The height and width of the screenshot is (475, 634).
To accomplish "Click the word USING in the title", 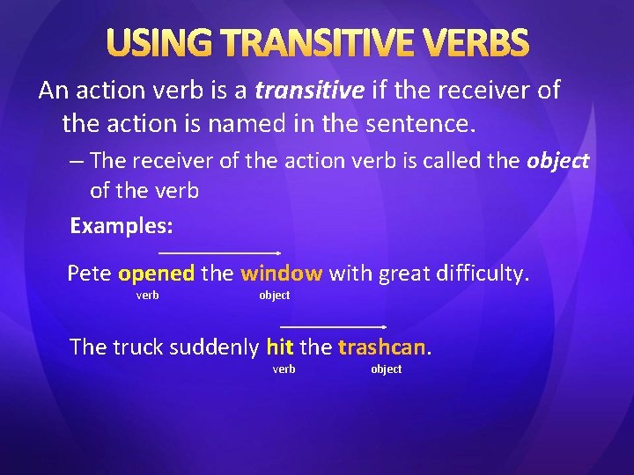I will pos(158,43).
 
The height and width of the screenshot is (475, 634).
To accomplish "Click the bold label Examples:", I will pos(122,225).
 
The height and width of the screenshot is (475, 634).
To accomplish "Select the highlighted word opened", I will pos(156,274).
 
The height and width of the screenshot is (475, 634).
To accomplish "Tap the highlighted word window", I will pos(281,274).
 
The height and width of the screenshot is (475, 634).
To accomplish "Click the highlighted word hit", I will pos(280,347).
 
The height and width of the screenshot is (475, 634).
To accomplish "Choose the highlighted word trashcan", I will pos(382,347).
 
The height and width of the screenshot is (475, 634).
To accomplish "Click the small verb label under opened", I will pos(147,296).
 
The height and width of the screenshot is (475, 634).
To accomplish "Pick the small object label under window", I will pos(274,296).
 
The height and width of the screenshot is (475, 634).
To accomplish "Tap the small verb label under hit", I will pos(284,369).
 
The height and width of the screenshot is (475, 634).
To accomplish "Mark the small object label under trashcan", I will pos(386,369).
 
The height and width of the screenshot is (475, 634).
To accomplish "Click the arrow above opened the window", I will pos(219,252).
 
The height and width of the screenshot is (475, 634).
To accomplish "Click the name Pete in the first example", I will pos(89,274).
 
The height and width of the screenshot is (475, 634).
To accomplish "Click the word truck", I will pos(136,347).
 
